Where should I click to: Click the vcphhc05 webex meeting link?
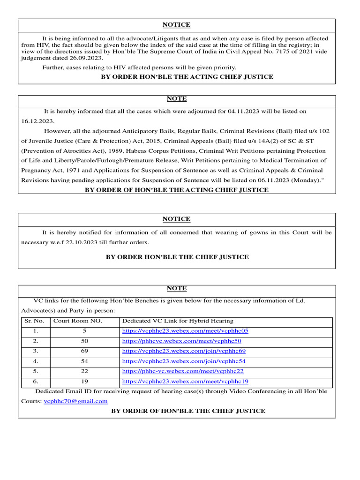coord(185,331)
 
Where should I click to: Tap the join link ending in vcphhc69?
coord(184,351)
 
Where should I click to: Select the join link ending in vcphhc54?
coord(184,361)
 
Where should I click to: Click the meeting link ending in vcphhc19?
coord(185,382)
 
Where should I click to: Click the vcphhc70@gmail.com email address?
coord(75,401)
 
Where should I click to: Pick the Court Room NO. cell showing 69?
coord(84,351)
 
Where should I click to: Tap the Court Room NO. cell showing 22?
coord(84,371)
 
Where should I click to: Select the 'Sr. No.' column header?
coord(34,321)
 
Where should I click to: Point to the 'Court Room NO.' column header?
coord(78,321)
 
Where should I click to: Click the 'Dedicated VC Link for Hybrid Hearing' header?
coord(177,321)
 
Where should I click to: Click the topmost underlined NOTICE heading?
coord(176,25)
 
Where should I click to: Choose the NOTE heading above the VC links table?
coord(176,289)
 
